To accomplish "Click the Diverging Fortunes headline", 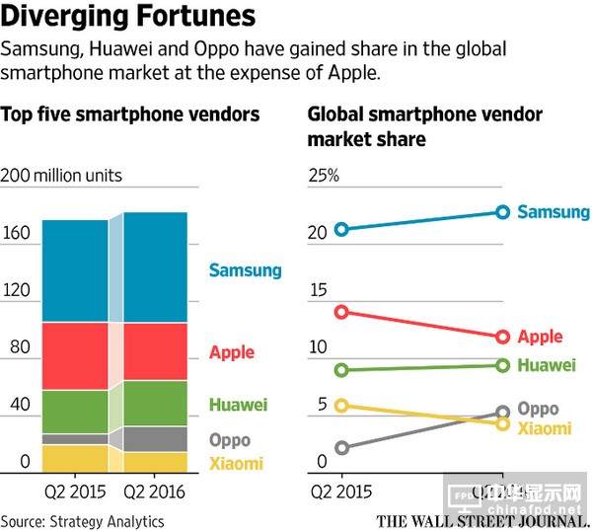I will coord(128,17).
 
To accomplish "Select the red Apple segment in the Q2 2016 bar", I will coord(154,351).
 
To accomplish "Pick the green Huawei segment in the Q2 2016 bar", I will coord(154,403).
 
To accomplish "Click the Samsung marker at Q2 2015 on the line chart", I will coord(342,229).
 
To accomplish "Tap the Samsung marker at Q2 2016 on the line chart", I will coord(502,211).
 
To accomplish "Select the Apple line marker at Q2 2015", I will coord(342,312).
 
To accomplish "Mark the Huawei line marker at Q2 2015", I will coord(342,370).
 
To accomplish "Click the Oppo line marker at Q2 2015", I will coord(342,448).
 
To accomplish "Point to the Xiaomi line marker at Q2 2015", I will coord(342,405).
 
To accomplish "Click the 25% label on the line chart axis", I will coord(324,176).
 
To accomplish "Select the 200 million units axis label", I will coord(62,176).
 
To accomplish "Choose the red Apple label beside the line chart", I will coord(540,337).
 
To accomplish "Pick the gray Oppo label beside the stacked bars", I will coord(229,439).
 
